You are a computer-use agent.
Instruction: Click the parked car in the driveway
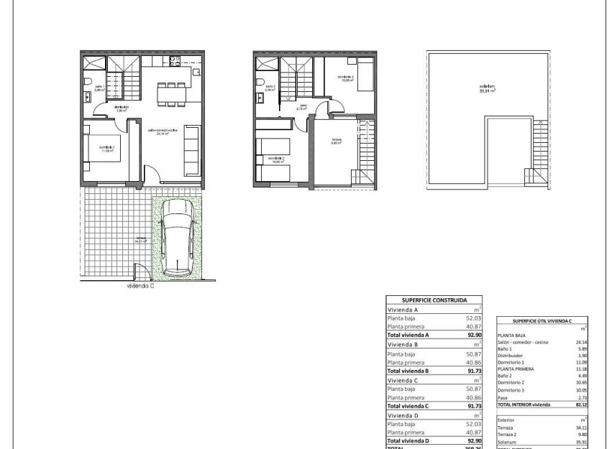[x=177, y=236]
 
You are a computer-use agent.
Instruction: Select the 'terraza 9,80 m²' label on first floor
[x=336, y=142]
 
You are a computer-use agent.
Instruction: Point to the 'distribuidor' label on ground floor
[x=121, y=108]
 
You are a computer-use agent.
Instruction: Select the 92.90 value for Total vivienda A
[x=470, y=334]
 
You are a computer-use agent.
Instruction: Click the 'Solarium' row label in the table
[x=508, y=440]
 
